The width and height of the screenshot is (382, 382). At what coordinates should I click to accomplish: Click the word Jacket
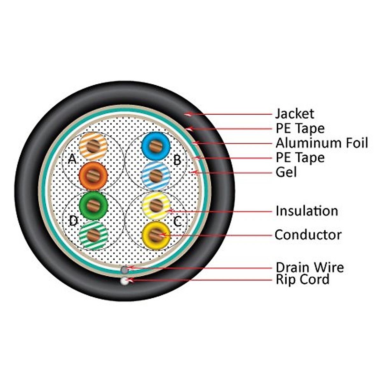click(294, 114)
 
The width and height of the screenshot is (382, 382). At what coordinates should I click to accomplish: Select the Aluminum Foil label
click(322, 143)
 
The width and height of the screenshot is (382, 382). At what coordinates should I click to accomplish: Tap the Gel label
click(286, 172)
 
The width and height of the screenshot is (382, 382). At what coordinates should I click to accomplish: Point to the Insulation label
click(307, 211)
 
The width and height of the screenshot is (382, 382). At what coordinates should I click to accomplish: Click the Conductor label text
click(308, 235)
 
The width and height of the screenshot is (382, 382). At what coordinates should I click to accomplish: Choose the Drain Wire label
click(309, 267)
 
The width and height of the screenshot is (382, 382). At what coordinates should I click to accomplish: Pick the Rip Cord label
click(302, 279)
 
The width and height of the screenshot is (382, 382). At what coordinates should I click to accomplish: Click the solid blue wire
click(156, 146)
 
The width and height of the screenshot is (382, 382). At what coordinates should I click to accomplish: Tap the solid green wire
click(93, 205)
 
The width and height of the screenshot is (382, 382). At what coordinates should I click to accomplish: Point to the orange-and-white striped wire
click(93, 146)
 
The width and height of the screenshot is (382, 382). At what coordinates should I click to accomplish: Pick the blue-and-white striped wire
click(156, 175)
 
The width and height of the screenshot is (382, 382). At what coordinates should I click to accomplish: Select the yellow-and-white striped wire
click(156, 205)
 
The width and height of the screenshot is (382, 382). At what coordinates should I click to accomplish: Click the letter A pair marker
click(73, 159)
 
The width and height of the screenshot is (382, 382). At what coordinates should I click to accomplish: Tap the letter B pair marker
click(177, 160)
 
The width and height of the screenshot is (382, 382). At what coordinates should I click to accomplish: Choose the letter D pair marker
click(73, 221)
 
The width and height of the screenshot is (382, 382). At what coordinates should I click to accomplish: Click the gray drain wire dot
click(125, 270)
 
